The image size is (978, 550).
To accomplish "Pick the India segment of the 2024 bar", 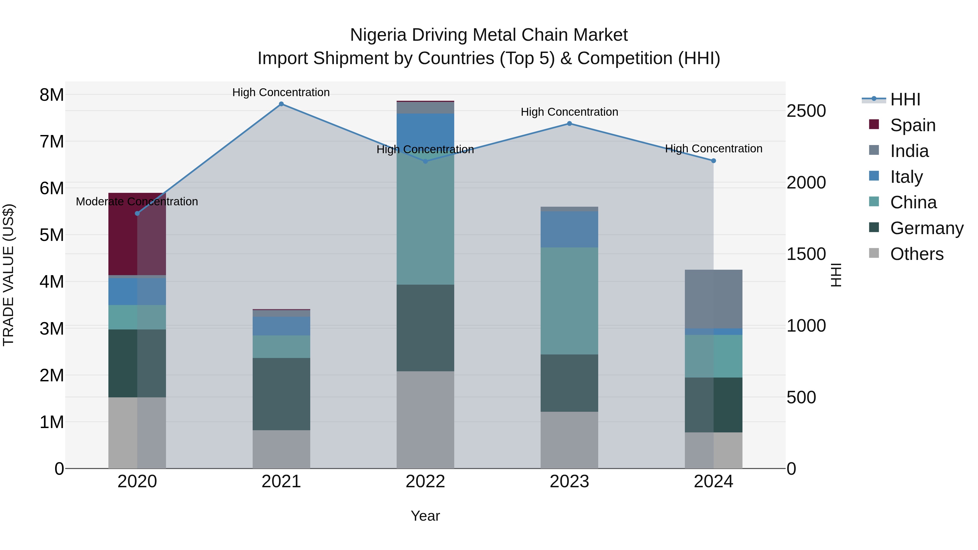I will coord(713,299).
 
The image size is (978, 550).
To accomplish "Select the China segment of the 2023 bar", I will coord(569,301).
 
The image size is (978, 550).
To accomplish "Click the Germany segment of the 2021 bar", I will coord(281,394).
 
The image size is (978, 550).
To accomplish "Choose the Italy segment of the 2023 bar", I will coord(569,230).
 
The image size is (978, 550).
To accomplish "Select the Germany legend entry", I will coord(926,228).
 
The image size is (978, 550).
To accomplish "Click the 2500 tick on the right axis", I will coord(806,111).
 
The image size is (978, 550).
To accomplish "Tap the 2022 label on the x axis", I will coord(425,482).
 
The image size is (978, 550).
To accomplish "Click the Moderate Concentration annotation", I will coord(137,202).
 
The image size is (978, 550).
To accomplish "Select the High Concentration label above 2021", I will coord(281,93).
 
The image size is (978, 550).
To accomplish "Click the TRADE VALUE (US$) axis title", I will coord(9,275).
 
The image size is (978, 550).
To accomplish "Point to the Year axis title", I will coord(425,516).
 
